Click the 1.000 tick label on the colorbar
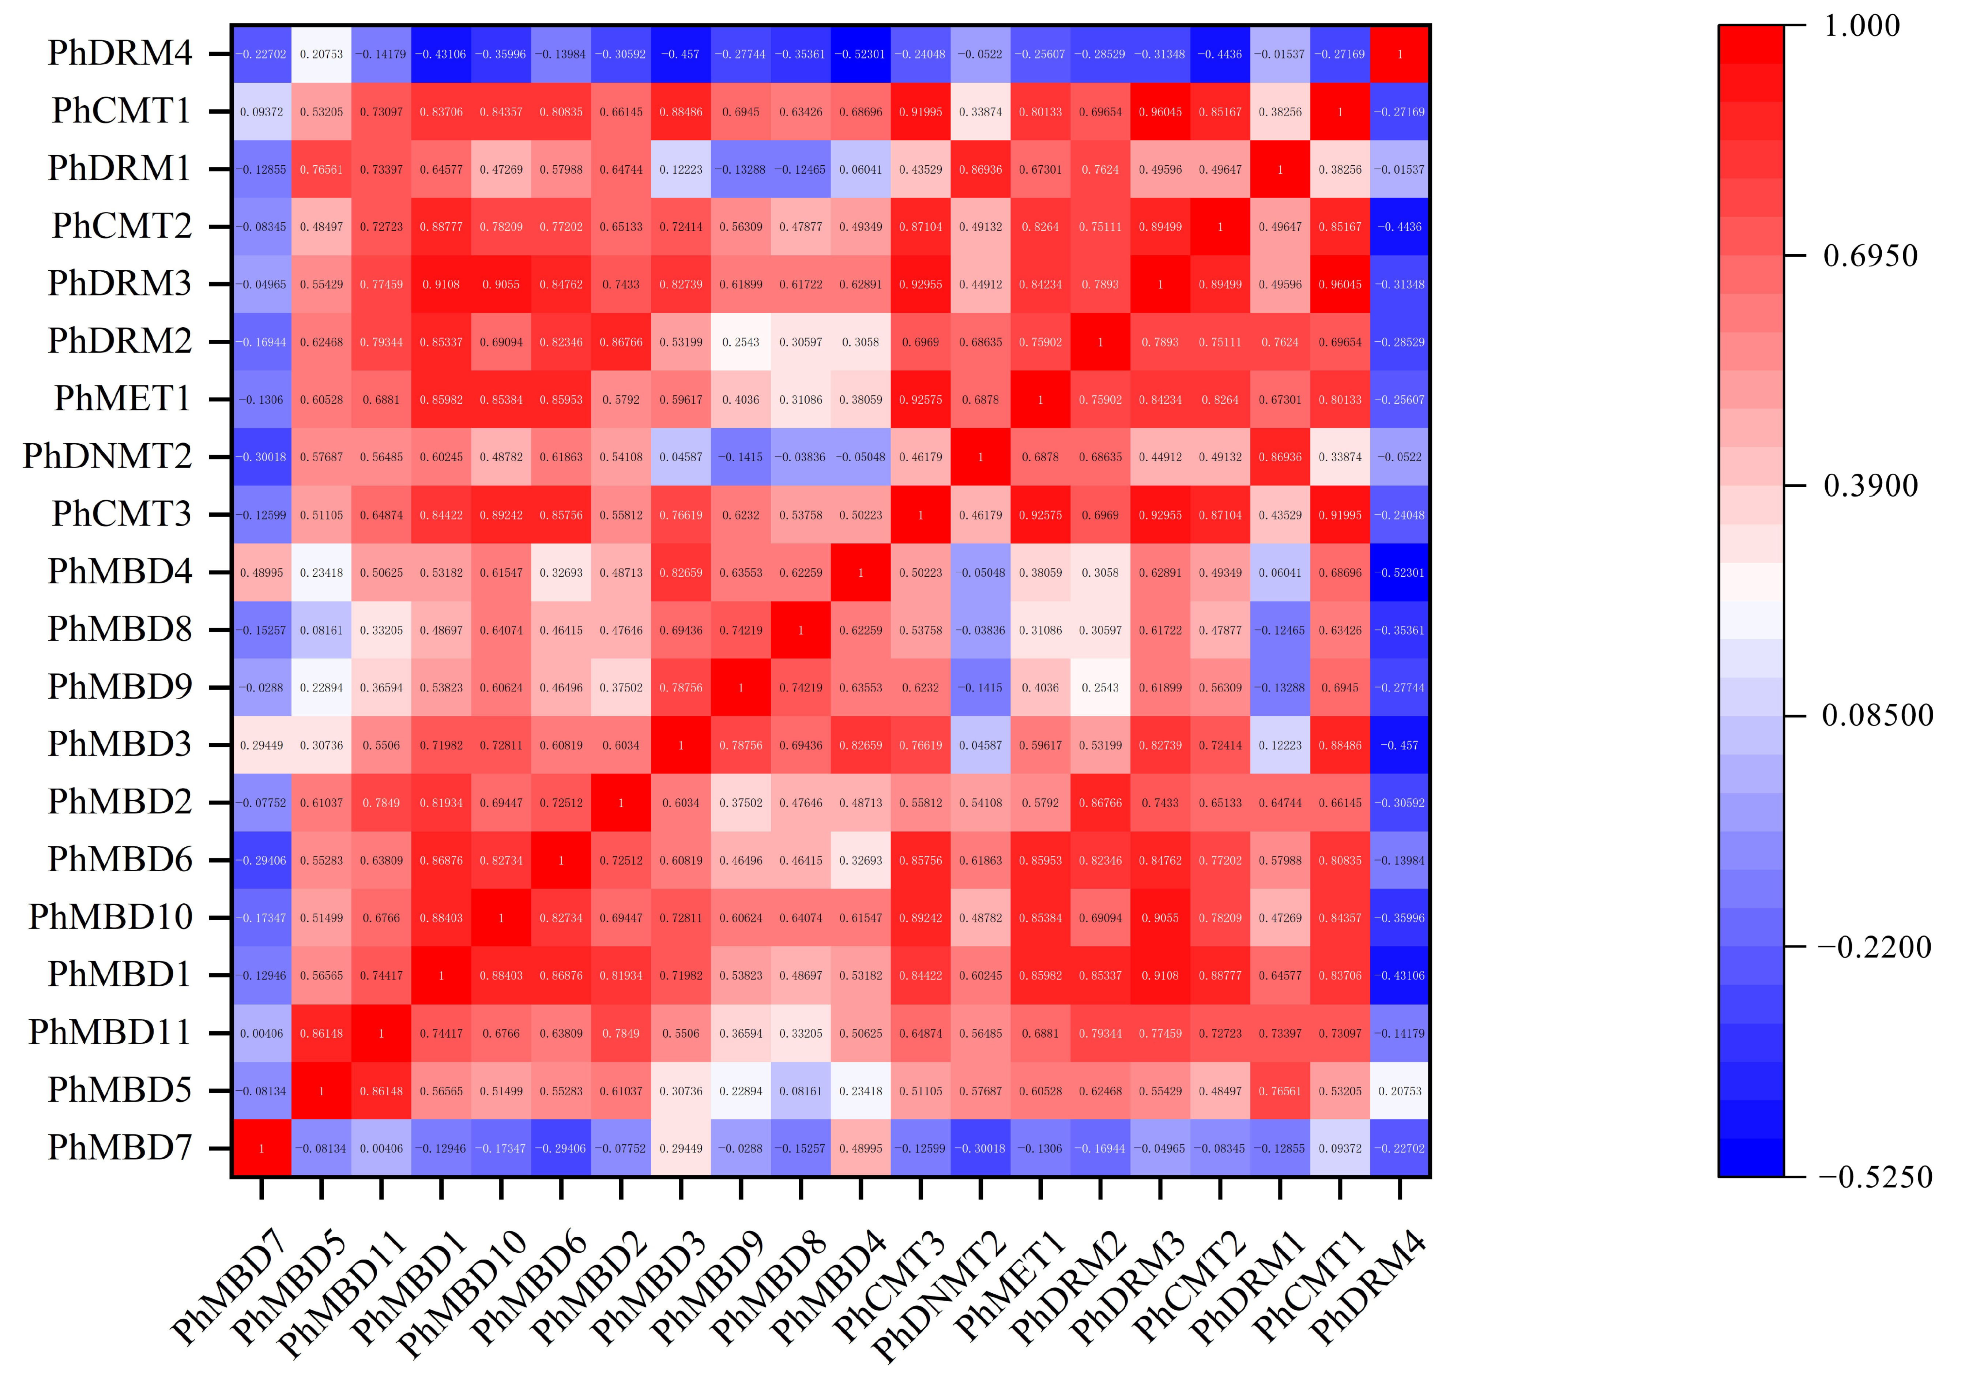pos(1862,26)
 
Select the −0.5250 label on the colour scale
pos(1874,1177)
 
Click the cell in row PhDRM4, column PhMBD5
pos(321,54)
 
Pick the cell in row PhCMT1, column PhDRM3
pos(1160,111)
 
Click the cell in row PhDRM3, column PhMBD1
pos(441,284)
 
